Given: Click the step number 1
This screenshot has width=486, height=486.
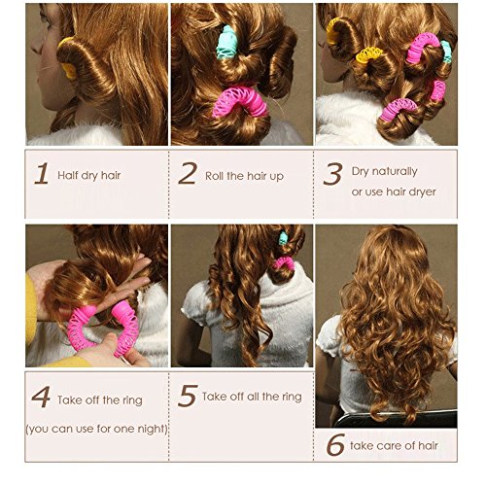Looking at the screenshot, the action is (43, 174).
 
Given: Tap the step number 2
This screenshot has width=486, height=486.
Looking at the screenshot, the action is (188, 173).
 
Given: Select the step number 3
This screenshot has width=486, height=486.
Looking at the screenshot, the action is (332, 174).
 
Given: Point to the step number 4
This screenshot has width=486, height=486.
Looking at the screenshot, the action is (41, 397).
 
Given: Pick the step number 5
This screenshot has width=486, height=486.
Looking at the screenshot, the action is (188, 396).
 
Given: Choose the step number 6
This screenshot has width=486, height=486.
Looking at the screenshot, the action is (335, 444).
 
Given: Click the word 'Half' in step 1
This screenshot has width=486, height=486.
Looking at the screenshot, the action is (67, 175).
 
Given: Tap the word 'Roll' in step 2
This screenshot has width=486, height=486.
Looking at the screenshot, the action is (215, 176).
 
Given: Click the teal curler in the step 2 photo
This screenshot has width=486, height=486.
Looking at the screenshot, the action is (226, 43).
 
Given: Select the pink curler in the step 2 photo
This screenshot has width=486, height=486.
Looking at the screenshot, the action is (240, 101).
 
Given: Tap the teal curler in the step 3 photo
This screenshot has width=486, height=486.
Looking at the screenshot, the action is (446, 52).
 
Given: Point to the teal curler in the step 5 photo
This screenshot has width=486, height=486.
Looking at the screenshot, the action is (283, 238).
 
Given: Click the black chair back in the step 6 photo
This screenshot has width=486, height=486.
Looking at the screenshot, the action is (396, 419).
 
